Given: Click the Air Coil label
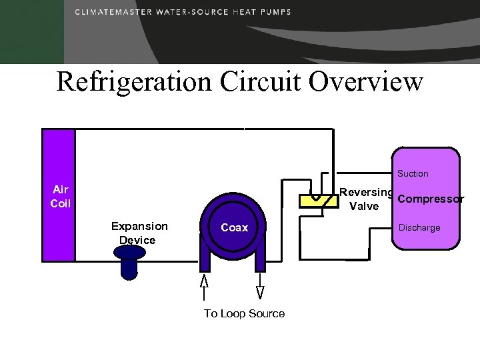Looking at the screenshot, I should point(61,197).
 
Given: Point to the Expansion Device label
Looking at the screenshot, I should point(139,233).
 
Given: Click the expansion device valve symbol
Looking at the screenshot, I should point(129,261).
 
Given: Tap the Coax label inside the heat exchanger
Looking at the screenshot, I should point(234,228).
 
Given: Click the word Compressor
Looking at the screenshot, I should point(431,199).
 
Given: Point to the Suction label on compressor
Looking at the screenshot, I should point(413,174).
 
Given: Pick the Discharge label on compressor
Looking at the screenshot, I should point(419,228).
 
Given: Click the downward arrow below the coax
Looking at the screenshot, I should point(260,289).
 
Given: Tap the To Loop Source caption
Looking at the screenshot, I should point(244,314).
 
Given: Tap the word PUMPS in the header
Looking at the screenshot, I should point(277,12).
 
